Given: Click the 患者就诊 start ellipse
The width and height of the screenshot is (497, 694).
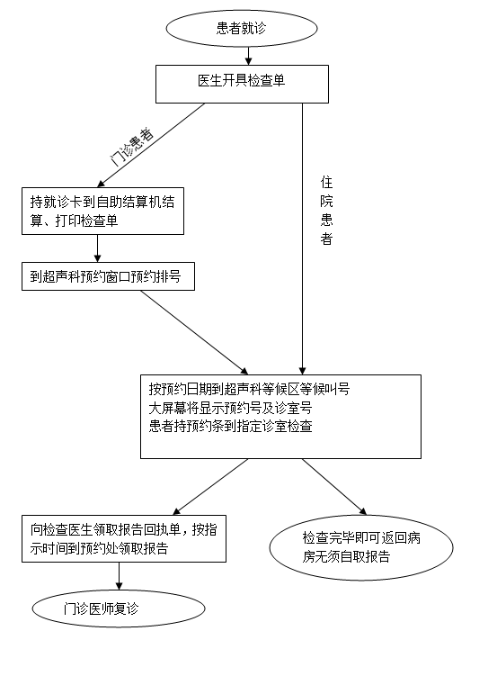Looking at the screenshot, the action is (x=242, y=28).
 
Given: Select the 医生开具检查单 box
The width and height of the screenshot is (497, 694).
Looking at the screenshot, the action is (x=242, y=84).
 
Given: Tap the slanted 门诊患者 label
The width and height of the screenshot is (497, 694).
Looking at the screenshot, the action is (x=131, y=147).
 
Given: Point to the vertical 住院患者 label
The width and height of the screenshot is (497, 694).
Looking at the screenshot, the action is (x=326, y=211).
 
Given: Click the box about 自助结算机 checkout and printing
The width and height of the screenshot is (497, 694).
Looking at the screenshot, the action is (x=103, y=212).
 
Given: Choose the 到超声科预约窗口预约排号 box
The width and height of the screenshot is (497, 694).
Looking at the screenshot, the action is (x=108, y=276).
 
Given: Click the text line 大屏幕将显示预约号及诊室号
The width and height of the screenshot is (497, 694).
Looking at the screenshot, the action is (x=231, y=408).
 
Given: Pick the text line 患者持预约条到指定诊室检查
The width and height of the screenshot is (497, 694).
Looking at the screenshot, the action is (x=231, y=427).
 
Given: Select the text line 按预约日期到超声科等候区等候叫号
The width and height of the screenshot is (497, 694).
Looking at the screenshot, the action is (x=249, y=389).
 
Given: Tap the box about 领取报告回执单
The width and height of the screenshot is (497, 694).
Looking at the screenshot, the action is (x=124, y=538).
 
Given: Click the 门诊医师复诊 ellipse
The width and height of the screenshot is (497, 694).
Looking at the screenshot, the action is (x=119, y=608).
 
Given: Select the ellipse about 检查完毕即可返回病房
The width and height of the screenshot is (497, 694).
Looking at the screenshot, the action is (x=361, y=547).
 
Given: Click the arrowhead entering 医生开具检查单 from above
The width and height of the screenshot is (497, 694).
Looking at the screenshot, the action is (x=248, y=62).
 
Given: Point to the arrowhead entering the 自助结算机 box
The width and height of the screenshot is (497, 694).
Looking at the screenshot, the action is (x=101, y=184).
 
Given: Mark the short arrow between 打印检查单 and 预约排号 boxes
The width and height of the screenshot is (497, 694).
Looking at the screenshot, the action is (x=98, y=248).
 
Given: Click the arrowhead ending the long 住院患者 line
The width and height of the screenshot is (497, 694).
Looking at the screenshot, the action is (x=302, y=371).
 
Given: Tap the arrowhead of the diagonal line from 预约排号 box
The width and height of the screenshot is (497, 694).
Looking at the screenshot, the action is (x=244, y=372).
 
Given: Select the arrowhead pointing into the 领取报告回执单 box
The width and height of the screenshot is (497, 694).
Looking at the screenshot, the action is (x=176, y=511).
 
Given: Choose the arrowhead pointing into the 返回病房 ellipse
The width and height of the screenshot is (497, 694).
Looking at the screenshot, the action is (x=363, y=511).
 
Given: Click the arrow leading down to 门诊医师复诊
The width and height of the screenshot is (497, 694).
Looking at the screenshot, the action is (x=119, y=576).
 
